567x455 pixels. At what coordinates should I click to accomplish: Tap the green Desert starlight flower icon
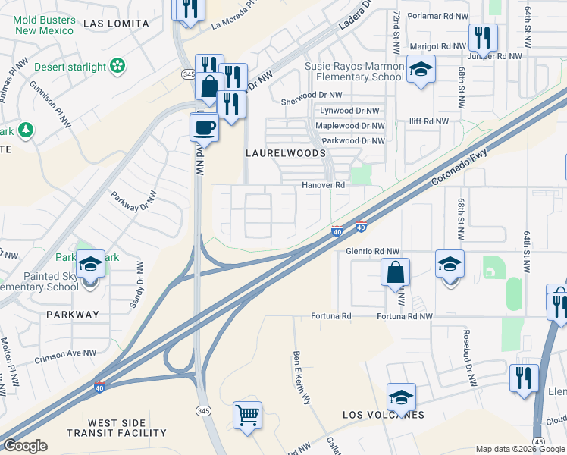coord(117,67)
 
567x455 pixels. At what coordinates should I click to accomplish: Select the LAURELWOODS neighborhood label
coord(285,152)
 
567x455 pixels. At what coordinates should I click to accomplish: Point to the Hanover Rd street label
coord(324,185)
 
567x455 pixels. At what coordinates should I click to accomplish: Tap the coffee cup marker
coord(204,125)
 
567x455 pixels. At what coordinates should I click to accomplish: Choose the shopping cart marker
coord(247,416)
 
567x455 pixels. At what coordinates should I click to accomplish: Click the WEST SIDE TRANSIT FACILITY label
coord(127,428)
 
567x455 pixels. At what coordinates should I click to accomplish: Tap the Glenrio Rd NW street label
coord(372,251)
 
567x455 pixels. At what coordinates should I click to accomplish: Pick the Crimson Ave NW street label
coord(66,353)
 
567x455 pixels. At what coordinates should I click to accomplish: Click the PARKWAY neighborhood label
coord(72,314)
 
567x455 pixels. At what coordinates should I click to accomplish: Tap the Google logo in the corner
coord(25,446)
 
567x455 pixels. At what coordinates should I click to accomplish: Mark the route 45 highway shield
coord(539,441)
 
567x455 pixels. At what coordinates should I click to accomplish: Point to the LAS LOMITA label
coord(116,24)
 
